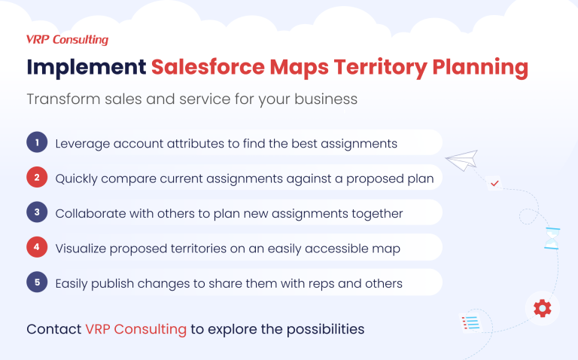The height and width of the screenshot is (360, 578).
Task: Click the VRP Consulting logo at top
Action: (x=67, y=40)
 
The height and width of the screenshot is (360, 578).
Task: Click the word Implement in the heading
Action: (x=86, y=67)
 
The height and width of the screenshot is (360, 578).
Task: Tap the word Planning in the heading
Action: (x=479, y=67)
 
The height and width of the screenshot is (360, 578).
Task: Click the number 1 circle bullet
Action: (x=36, y=142)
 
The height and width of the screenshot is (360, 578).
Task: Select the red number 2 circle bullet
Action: (x=36, y=178)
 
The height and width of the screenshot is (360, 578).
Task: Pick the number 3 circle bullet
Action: (x=36, y=213)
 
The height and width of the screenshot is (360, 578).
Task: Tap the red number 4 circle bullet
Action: (x=36, y=248)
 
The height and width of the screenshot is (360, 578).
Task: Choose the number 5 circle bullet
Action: (x=36, y=283)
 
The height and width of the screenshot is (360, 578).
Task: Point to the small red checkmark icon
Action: (x=495, y=182)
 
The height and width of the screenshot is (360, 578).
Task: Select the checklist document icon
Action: (x=470, y=324)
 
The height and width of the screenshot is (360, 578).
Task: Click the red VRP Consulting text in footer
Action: (x=135, y=329)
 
